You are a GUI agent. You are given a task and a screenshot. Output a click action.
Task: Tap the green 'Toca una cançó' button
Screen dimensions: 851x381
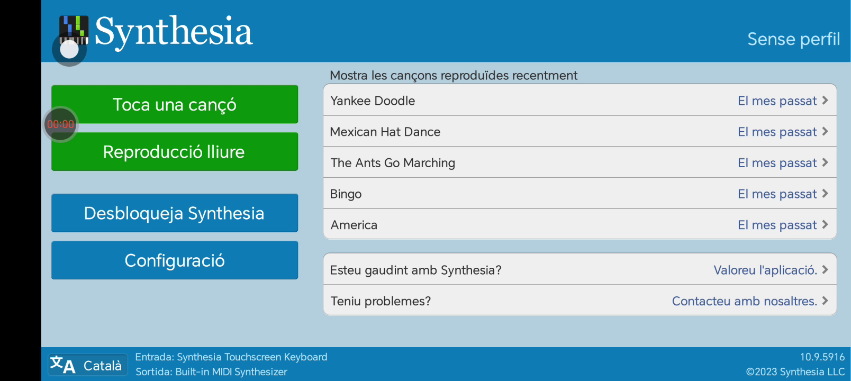[174, 104]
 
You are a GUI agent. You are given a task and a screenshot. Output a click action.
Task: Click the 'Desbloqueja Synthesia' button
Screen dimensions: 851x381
[174, 213]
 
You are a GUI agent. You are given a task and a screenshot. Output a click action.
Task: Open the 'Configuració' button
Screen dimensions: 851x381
[174, 260]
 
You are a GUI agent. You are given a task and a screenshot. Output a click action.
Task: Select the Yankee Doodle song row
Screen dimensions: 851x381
[580, 101]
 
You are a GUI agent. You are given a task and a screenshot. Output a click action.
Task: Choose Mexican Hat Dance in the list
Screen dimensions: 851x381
[580, 131]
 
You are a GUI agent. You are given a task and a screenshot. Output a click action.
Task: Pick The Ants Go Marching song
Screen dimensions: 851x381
[580, 162]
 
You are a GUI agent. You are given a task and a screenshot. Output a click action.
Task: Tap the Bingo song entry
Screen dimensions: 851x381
[580, 194]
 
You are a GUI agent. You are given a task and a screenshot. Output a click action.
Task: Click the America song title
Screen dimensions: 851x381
[354, 225]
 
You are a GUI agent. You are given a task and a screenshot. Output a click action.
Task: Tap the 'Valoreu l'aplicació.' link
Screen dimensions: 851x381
[765, 270]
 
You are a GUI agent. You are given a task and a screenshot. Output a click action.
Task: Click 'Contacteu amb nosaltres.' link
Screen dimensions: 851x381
[744, 301]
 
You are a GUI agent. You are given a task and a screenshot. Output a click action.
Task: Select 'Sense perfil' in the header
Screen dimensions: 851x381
[794, 39]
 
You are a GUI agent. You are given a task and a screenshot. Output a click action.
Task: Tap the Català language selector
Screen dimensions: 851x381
[88, 365]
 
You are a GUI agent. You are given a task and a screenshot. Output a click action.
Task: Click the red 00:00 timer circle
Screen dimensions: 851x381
[61, 124]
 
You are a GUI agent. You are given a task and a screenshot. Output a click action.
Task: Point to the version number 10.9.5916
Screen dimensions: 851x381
[822, 357]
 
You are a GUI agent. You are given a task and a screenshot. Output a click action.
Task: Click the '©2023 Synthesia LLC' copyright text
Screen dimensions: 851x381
[795, 372]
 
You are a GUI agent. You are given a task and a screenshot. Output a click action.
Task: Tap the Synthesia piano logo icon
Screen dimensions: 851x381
[74, 30]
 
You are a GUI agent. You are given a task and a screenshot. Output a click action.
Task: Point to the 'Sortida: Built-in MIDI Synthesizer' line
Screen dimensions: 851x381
[211, 372]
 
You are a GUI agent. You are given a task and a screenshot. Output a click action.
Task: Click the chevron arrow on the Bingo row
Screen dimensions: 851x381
[825, 194]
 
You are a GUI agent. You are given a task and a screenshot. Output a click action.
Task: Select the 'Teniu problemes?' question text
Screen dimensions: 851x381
[381, 301]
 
